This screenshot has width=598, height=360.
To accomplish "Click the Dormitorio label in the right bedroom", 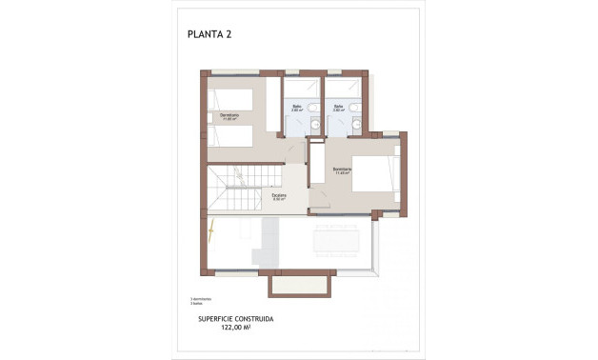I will [343, 170].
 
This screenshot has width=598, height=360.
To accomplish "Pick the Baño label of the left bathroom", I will [297, 108].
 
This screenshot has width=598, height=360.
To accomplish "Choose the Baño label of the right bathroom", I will [338, 108].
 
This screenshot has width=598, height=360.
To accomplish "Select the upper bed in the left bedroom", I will [231, 100].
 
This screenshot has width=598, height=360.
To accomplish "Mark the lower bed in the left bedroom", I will [231, 135].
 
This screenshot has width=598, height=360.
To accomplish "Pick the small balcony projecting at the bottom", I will [301, 284].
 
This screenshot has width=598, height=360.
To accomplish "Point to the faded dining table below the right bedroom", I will [339, 237].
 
